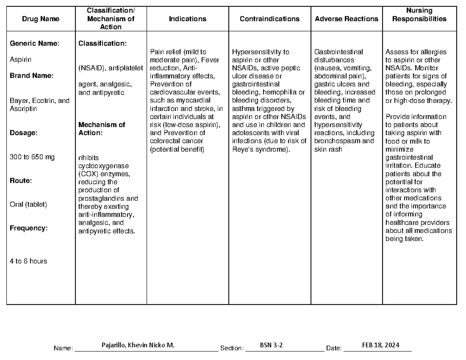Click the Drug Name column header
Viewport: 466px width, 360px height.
(41, 19)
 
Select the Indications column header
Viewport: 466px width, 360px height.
(188, 19)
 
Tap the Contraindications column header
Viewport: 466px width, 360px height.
(270, 19)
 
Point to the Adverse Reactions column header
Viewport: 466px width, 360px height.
(346, 19)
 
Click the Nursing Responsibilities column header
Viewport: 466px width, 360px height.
(419, 15)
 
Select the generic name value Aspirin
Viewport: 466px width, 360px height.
(21, 60)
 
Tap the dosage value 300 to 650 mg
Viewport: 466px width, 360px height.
(32, 157)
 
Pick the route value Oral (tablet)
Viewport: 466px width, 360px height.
(28, 204)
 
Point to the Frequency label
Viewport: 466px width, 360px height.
(28, 228)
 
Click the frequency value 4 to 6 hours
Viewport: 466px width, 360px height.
(28, 261)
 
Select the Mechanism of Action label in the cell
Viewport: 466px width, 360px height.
(102, 129)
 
